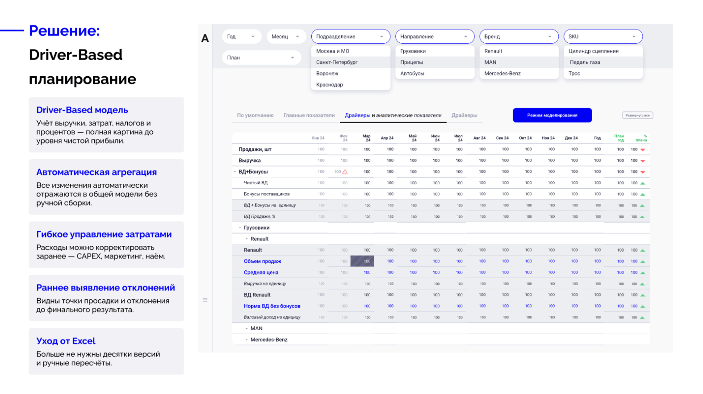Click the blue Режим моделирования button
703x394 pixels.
click(x=552, y=115)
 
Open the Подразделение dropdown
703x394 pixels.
click(x=350, y=37)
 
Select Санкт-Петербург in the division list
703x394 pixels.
click(x=337, y=62)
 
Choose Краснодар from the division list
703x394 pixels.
click(x=330, y=85)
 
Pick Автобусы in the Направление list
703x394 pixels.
click(x=412, y=74)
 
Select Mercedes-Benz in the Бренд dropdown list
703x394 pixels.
click(x=502, y=74)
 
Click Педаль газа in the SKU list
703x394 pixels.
click(x=585, y=62)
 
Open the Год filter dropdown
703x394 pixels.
click(x=241, y=37)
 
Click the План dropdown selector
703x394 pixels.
click(x=261, y=58)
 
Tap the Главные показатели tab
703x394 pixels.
click(x=309, y=116)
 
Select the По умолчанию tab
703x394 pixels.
click(x=255, y=116)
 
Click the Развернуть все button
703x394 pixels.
click(x=637, y=116)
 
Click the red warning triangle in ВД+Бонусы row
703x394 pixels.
click(x=345, y=172)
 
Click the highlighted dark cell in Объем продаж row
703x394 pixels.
click(x=362, y=261)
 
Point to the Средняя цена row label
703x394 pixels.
click(x=261, y=273)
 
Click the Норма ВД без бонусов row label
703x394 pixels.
click(x=272, y=306)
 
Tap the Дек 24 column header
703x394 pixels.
click(x=571, y=138)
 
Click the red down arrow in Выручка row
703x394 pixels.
click(x=643, y=161)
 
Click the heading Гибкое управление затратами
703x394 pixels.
click(x=104, y=234)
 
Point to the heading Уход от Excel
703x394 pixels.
click(x=66, y=341)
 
